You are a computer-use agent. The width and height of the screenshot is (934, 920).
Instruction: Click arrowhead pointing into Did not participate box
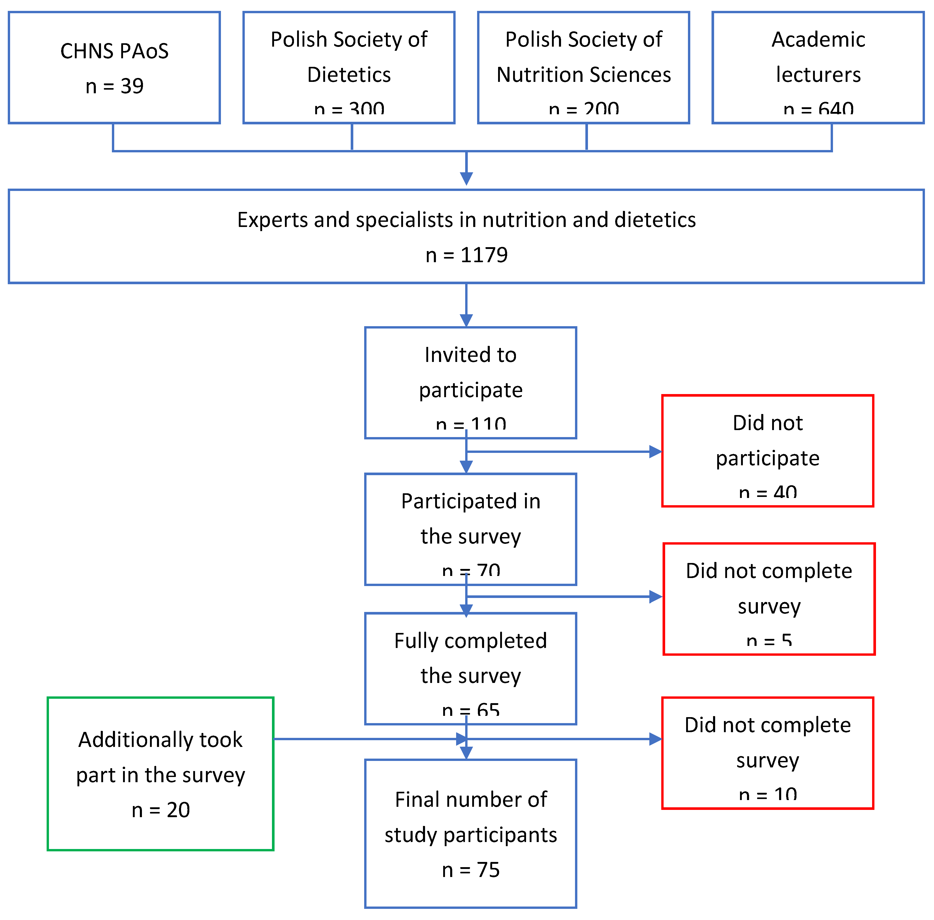(655, 452)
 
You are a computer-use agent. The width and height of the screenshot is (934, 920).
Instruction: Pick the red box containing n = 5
(769, 599)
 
